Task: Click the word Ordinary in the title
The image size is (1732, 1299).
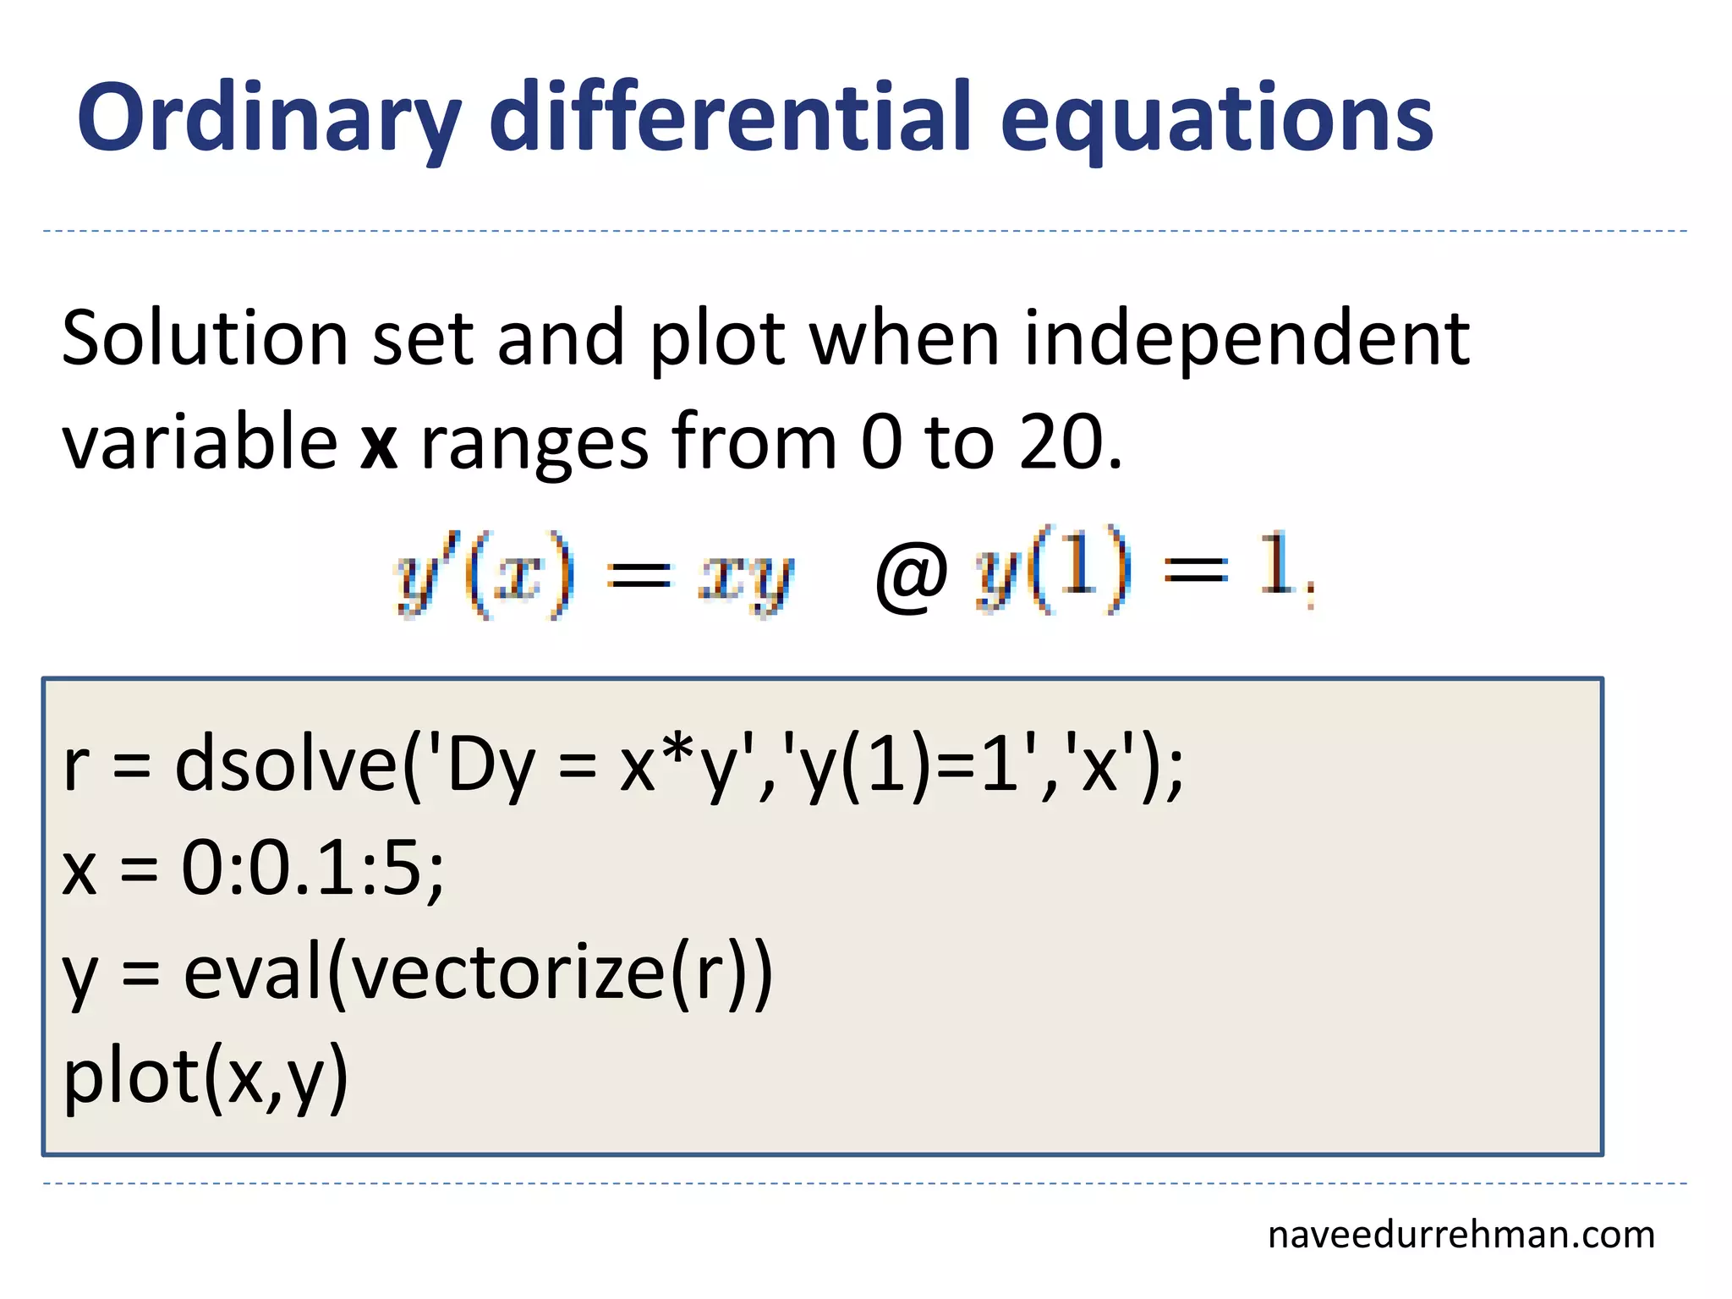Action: (269, 118)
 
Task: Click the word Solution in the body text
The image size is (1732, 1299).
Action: (204, 338)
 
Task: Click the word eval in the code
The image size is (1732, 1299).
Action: (254, 973)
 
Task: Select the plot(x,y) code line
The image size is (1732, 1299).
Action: (206, 1077)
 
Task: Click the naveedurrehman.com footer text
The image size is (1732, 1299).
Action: (1461, 1235)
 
